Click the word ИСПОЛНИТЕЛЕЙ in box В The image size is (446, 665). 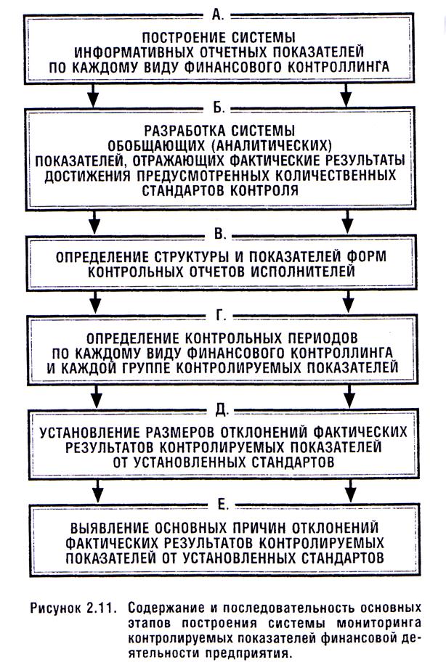pyautogui.click(x=312, y=272)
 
